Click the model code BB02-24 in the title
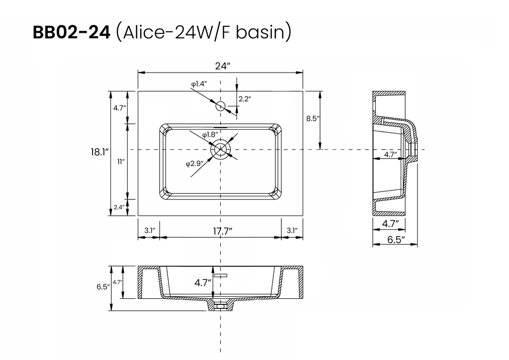point(72,32)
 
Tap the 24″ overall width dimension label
point(223,66)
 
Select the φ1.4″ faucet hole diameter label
point(199,84)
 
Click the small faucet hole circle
point(221,106)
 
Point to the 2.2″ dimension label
point(245,99)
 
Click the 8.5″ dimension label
point(313,118)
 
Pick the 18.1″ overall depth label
point(99,152)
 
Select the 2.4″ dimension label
point(119,207)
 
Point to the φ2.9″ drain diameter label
point(195,164)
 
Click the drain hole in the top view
point(221,150)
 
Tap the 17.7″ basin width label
point(223,231)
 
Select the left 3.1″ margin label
point(150,231)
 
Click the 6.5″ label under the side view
point(396,240)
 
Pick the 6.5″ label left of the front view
point(103,286)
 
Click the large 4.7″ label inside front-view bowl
point(203,283)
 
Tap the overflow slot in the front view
point(220,275)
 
